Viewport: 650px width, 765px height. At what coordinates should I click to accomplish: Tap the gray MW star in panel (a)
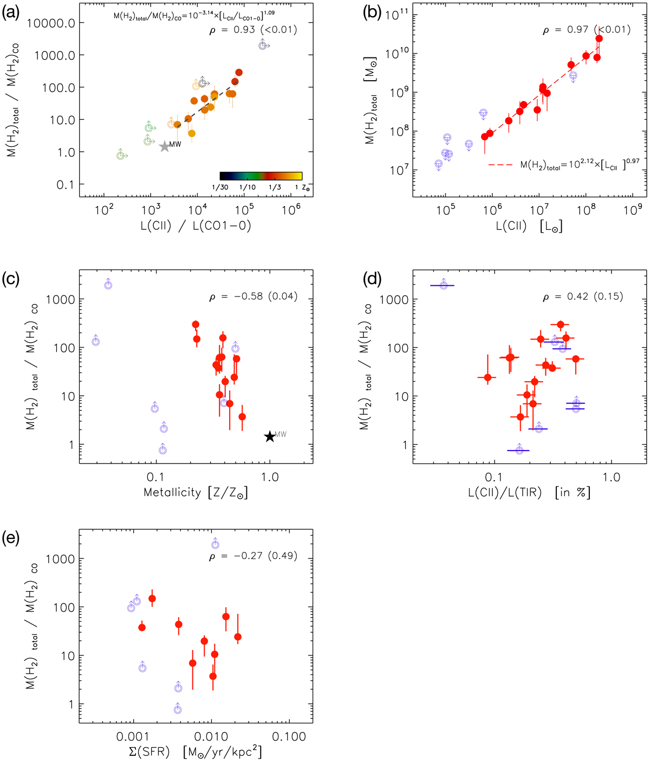pos(165,146)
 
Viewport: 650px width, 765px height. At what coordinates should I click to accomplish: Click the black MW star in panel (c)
pos(270,436)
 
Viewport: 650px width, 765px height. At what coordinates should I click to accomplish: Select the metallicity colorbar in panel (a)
pos(261,176)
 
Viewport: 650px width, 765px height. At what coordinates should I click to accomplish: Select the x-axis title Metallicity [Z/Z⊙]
pos(196,493)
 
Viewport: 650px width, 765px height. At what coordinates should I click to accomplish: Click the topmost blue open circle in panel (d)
pos(444,285)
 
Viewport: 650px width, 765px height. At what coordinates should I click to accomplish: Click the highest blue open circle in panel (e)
pos(215,544)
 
